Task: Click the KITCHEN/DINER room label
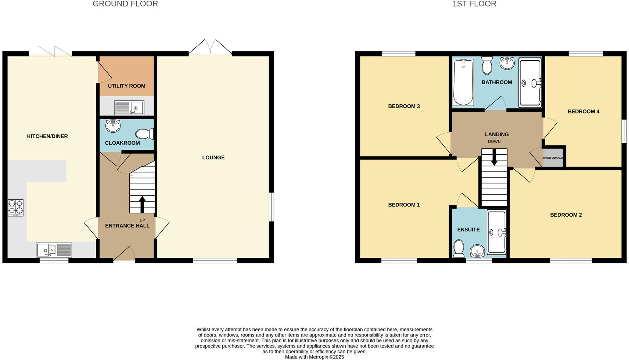click(47, 136)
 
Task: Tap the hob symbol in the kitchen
click(15, 208)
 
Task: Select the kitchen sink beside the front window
click(54, 250)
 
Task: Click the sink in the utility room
click(129, 108)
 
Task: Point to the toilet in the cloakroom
click(144, 134)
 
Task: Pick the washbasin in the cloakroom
click(113, 126)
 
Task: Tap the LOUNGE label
click(213, 158)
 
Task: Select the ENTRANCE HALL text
click(127, 226)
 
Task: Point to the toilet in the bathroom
click(487, 66)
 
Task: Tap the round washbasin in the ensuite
click(477, 252)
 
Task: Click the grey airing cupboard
click(553, 158)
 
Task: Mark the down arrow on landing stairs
click(494, 157)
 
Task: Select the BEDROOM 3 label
click(404, 106)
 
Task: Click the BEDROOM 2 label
click(566, 215)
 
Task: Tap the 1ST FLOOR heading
click(474, 4)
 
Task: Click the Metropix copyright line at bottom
click(314, 357)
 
